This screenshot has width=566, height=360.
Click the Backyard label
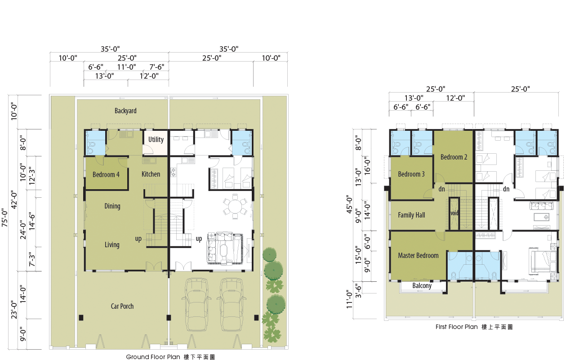pos(125,111)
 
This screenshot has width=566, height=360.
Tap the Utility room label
pos(156,139)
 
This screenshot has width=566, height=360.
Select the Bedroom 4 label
pos(106,174)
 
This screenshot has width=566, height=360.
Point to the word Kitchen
pos(151,174)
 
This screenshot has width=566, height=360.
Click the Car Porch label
pos(122,306)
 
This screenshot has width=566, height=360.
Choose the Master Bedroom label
pos(418,255)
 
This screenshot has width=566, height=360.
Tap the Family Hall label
pos(411,215)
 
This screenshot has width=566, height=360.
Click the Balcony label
pos(422,286)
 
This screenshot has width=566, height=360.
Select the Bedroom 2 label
pos(454,157)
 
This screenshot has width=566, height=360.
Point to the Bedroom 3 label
pos(411,174)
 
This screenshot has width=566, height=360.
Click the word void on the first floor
pos(455,213)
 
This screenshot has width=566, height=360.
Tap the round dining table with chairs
pos(235,206)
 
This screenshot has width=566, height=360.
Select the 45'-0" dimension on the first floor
pos(349,204)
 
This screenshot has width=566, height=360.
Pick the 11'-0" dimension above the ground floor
pos(127,67)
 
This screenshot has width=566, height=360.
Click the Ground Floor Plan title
pos(153,357)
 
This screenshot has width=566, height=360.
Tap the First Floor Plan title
pos(456,327)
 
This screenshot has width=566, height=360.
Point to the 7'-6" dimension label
pos(156,67)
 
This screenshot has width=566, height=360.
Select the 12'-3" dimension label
pos(32,176)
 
